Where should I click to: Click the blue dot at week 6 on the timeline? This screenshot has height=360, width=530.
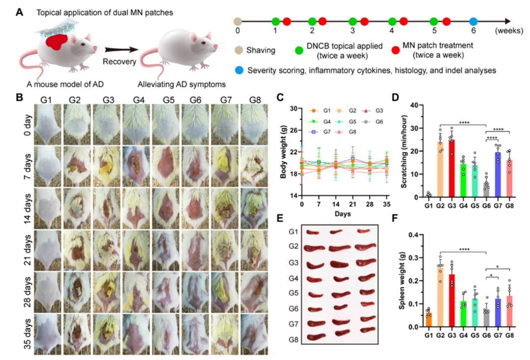tap(473, 22)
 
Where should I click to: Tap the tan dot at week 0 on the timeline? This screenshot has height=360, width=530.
tap(238, 22)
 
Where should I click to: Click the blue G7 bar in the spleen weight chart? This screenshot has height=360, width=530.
tap(498, 313)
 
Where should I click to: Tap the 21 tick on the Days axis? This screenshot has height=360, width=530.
tap(352, 204)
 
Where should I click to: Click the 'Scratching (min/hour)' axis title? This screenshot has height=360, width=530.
tap(404, 152)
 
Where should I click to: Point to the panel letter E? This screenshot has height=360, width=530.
tap(280, 218)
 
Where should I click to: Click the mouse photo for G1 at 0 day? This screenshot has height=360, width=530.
tap(47, 125)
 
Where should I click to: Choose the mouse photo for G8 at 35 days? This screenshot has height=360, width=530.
tap(254, 334)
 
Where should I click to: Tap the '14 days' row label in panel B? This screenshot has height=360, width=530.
tap(27, 208)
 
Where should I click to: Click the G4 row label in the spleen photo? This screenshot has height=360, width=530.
tap(293, 278)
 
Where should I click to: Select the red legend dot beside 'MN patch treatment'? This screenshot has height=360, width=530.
tap(396, 50)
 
